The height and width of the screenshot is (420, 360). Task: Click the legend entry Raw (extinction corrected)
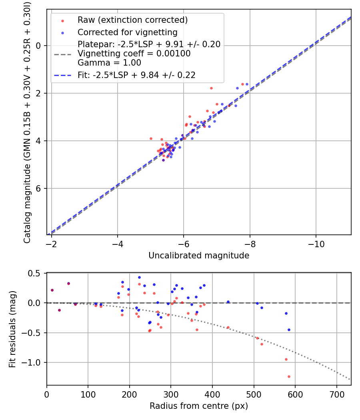[132, 20]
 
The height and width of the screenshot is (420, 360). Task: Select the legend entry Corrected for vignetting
[127, 32]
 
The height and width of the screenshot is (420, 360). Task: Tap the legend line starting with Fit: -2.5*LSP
[136, 75]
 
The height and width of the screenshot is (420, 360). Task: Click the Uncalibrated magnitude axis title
[199, 255]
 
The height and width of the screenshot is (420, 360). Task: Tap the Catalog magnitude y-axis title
[27, 122]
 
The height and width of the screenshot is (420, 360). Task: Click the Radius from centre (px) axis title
[199, 406]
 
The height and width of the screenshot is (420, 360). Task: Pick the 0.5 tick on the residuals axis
[36, 273]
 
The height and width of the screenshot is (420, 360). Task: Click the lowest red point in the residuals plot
[289, 376]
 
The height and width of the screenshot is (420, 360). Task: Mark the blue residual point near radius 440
[228, 302]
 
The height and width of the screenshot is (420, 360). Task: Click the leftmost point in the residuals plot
[52, 290]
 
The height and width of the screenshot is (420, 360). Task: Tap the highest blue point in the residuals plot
[139, 277]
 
